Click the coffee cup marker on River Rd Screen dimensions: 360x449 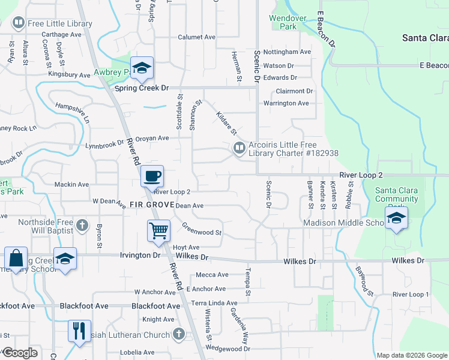(x=152, y=176)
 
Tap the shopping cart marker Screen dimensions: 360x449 (x=158, y=230)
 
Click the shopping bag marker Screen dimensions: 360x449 (x=16, y=259)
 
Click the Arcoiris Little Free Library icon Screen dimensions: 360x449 (x=239, y=148)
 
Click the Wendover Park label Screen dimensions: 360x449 (x=283, y=23)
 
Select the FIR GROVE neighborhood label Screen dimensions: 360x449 (x=151, y=205)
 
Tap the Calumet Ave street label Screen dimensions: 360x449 (x=196, y=37)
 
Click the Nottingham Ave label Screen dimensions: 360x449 (x=287, y=52)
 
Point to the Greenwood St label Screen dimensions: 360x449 (x=202, y=230)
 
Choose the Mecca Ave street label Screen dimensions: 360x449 (x=212, y=275)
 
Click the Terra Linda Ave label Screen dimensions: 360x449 (x=214, y=304)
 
